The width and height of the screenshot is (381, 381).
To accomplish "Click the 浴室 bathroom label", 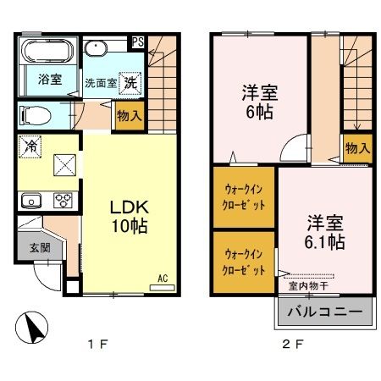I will (x=48, y=80).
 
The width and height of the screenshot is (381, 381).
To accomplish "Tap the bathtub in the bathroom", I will (x=47, y=53).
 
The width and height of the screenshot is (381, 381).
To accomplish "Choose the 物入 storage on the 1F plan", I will (x=129, y=113).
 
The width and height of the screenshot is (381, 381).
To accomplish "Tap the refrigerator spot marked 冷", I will (x=28, y=145).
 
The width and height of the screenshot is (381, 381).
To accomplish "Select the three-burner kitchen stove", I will (x=63, y=201).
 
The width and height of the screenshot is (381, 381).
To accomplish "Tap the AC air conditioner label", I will (x=161, y=279).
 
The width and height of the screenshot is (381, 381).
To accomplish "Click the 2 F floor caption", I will (x=290, y=345).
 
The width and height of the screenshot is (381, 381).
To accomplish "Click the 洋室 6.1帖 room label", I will (x=324, y=233).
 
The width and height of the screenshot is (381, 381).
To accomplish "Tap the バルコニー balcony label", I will (x=323, y=312).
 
